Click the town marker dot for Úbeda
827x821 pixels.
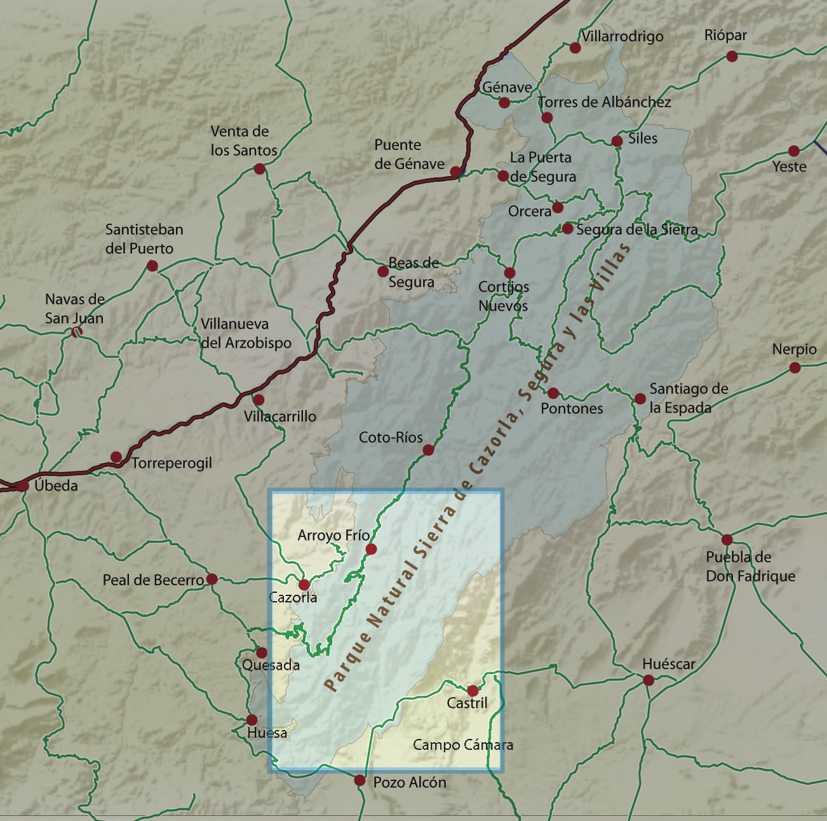click(x=24, y=486)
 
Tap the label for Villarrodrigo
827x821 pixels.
click(x=622, y=36)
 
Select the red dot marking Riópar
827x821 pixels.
click(x=732, y=56)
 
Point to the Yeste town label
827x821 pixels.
click(x=789, y=166)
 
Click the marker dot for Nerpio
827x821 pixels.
click(x=795, y=367)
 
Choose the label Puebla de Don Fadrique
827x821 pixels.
click(x=750, y=566)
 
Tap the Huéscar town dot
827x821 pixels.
click(x=649, y=680)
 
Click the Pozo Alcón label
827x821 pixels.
click(x=409, y=782)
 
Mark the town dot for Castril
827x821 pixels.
click(x=473, y=691)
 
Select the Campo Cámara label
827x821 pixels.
click(x=462, y=745)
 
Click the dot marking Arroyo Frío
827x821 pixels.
click(x=372, y=549)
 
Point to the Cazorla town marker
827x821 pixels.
click(x=304, y=585)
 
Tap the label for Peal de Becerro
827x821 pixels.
click(x=153, y=580)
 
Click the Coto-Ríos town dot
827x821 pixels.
click(x=428, y=450)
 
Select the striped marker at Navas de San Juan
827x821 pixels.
click(x=76, y=331)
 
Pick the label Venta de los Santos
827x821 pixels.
click(x=244, y=140)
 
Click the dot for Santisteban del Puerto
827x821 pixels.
click(x=152, y=266)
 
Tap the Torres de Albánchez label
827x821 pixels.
click(x=604, y=102)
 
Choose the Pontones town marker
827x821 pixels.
click(x=553, y=393)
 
